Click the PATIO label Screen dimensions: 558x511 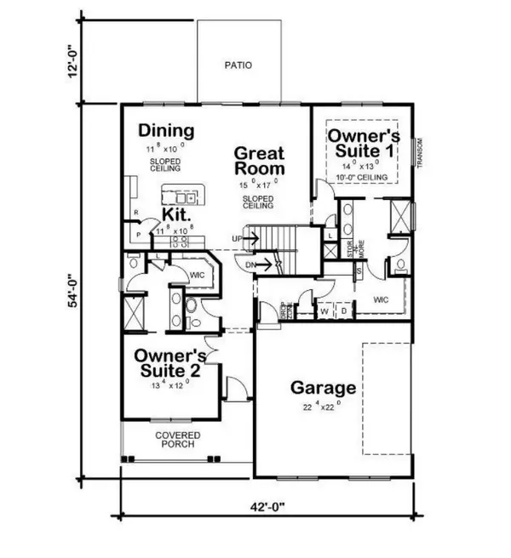238,65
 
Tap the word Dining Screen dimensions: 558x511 167,131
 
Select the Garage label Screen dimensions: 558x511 323,388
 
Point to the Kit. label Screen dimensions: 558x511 176,215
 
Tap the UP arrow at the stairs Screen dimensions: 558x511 248,239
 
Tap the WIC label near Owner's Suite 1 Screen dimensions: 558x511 380,299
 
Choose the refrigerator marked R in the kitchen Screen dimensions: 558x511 135,213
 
